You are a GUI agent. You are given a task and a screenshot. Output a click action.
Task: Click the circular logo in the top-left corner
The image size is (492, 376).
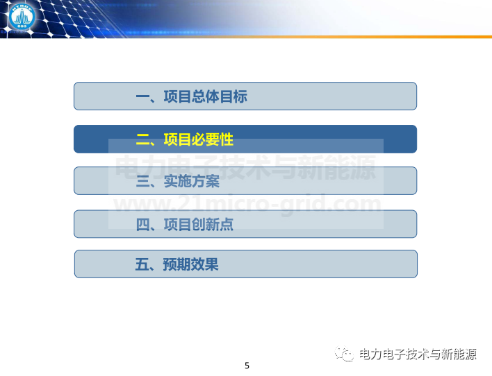point(22,17)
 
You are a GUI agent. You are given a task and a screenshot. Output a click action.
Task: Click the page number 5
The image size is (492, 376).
point(247,366)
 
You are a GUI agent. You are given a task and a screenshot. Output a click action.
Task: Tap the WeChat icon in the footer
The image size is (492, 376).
point(344,354)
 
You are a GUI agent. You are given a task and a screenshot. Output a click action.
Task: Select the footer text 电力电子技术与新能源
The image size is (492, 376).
point(418,354)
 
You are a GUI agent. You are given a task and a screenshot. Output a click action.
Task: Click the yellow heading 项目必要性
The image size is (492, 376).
point(199,139)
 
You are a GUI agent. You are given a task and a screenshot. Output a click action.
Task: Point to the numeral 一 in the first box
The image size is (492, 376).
point(142,96)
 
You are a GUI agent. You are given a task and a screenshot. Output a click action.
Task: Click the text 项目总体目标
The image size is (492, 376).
point(206,96)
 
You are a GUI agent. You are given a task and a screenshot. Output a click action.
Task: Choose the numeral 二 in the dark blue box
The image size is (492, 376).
point(142,139)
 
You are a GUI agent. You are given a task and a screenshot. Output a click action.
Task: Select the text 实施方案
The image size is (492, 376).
point(192,182)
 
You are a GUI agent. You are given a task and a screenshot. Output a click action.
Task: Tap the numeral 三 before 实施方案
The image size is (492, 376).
point(142,182)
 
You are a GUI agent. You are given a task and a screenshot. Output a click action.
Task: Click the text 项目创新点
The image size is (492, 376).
point(199,225)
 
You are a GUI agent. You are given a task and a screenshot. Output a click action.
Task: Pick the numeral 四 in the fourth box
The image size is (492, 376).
point(142,225)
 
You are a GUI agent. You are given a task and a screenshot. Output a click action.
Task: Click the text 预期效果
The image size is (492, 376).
point(191,264)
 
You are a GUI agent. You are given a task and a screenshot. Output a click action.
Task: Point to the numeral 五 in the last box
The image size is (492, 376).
point(142,264)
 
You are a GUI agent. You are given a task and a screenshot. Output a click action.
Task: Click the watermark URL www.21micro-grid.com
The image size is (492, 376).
point(247,204)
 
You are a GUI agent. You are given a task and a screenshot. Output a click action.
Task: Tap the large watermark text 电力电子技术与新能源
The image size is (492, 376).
point(246,168)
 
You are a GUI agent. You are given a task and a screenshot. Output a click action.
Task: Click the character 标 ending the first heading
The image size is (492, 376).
point(240,96)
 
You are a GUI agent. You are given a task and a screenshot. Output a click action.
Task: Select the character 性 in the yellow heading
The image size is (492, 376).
point(227,139)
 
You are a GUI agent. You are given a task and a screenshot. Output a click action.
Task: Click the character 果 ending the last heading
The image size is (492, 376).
point(212,264)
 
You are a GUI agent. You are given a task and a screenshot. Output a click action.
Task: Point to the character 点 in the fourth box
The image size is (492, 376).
point(227,225)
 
